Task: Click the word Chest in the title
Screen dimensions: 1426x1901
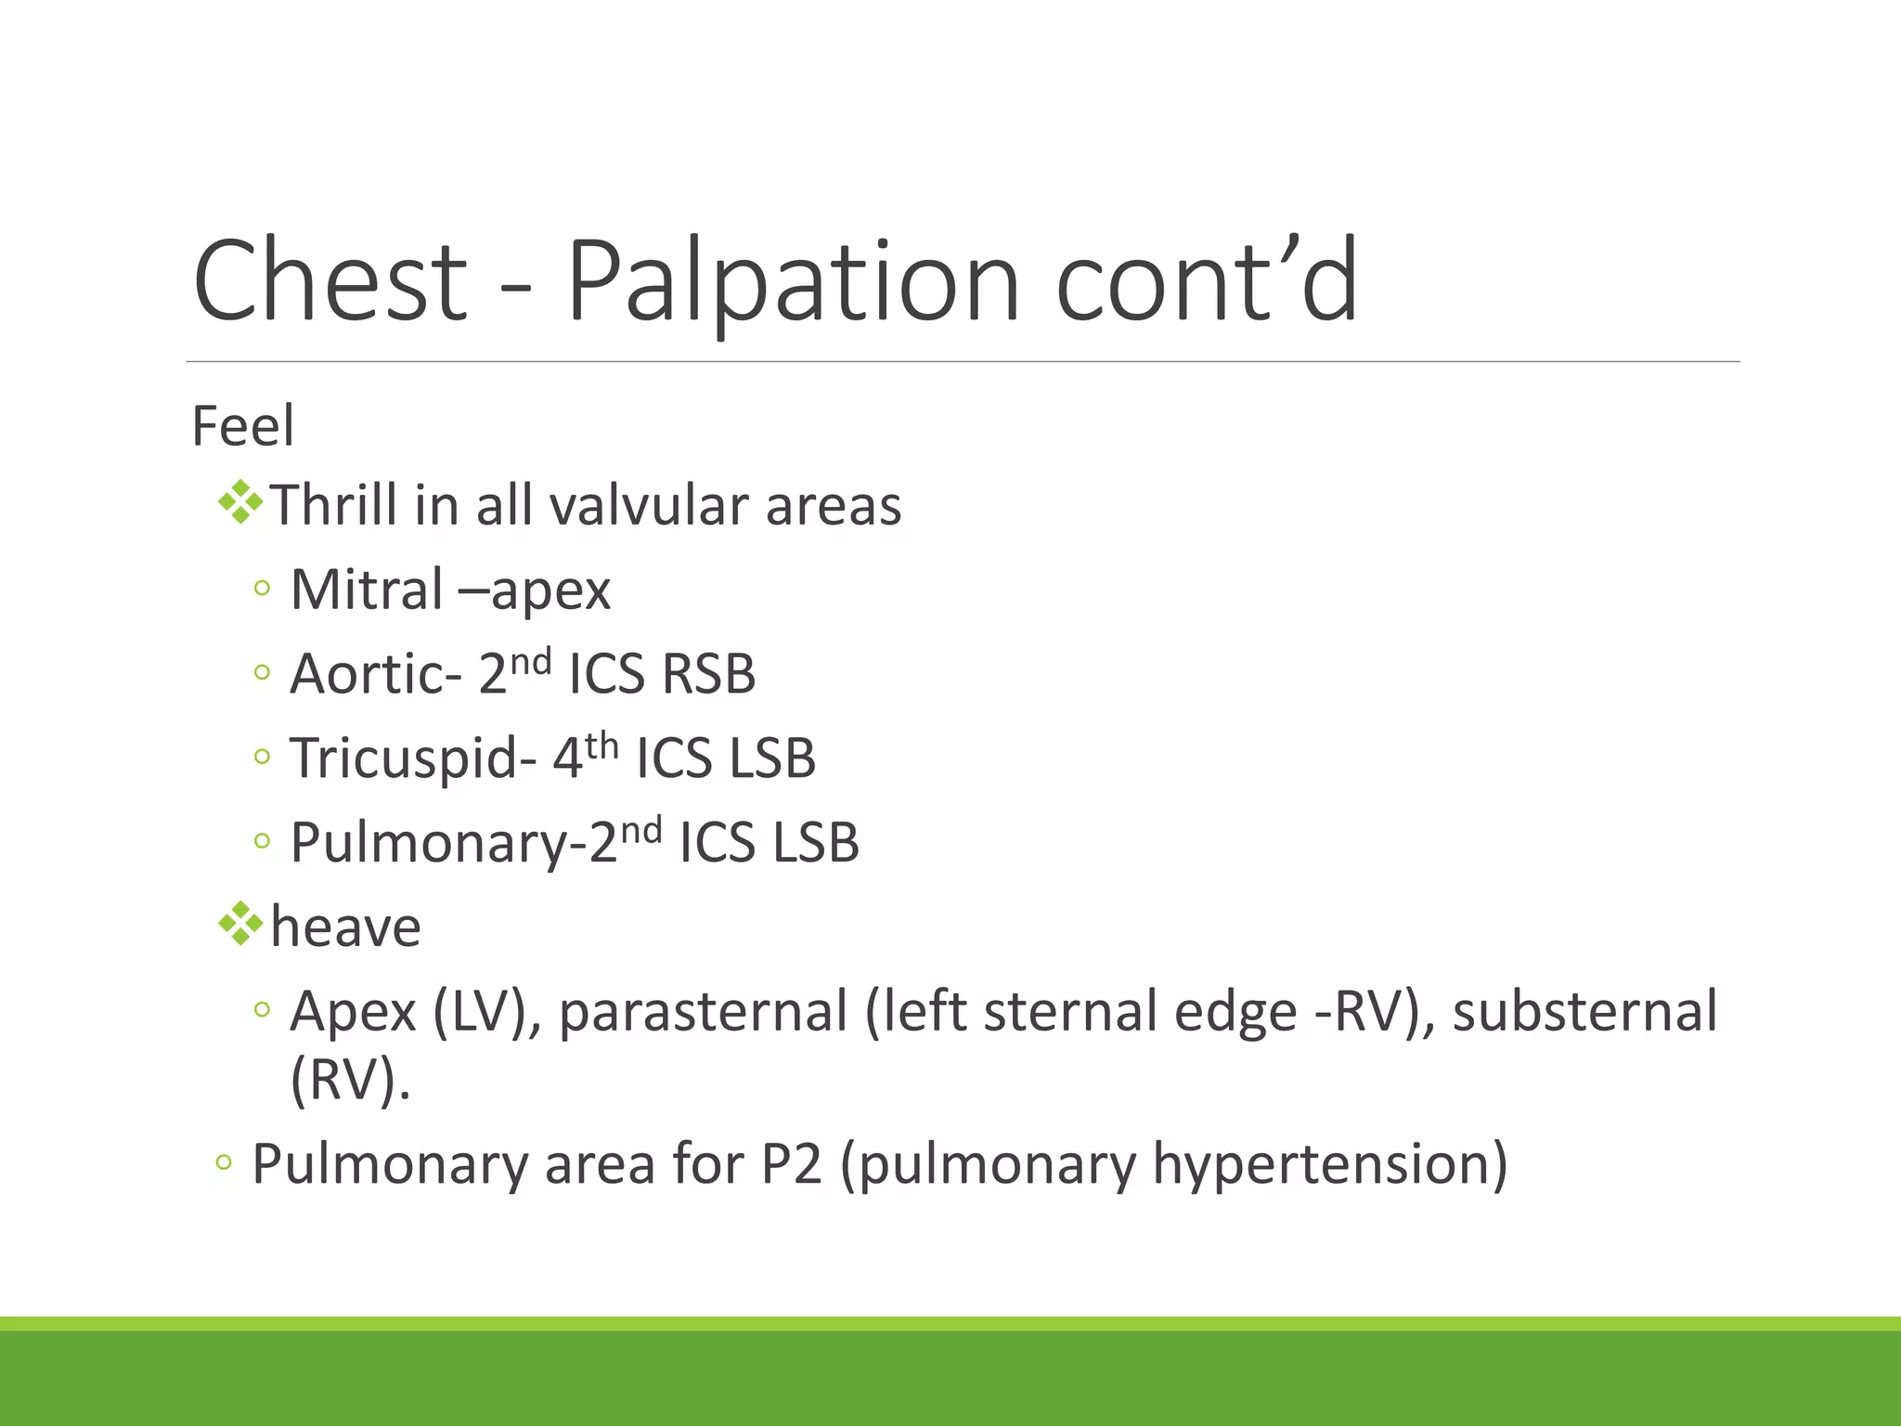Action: pos(330,280)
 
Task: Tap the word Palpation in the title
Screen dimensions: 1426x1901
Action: pos(794,280)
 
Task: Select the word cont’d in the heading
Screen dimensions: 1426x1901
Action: pos(1207,280)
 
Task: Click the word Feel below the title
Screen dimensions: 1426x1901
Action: pos(243,426)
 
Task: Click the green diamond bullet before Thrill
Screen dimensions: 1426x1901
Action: pos(240,502)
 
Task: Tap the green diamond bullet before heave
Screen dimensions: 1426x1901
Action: pos(240,924)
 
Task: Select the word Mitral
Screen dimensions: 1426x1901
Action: pos(367,590)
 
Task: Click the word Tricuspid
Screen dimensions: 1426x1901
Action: pos(405,758)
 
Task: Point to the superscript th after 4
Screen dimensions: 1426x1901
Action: pos(601,745)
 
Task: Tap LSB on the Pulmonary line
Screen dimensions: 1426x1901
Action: pos(816,843)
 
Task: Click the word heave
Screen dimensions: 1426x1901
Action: pos(345,927)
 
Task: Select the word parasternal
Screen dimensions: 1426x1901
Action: pos(704,1011)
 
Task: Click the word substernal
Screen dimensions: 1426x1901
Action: pos(1584,1011)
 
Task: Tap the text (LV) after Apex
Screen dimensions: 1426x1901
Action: pos(486,1011)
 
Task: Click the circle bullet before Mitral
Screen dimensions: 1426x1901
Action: pos(262,588)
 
